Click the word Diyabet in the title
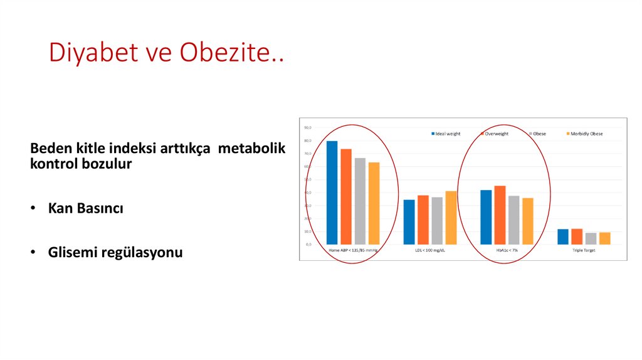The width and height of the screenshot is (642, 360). pos(88,53)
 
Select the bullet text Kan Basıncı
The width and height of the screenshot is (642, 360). pos(85,208)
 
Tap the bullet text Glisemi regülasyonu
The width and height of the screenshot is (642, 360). pos(115,253)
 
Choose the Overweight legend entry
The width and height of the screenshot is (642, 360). pos(495,134)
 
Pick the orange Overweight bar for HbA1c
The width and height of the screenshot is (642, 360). pos(500,214)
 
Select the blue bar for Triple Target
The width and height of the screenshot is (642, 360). pos(563,236)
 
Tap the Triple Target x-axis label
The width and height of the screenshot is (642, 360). pos(583,250)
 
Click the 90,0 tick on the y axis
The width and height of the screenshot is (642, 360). pos(307,128)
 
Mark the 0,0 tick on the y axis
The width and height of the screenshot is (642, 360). pos(308,244)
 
